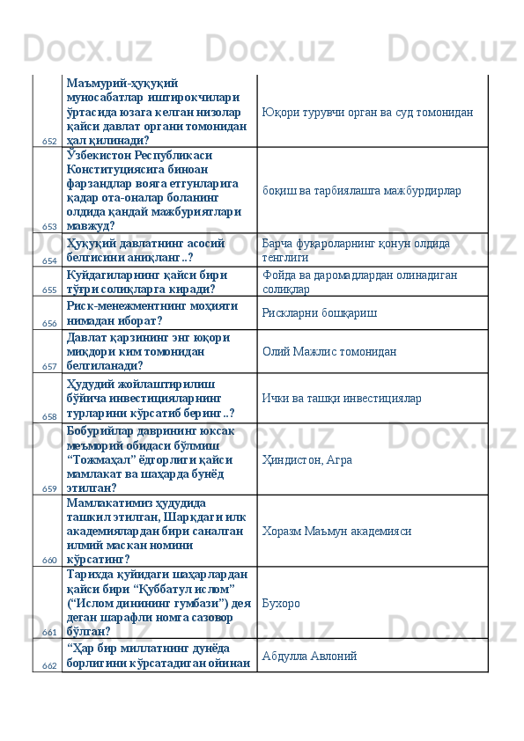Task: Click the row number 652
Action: click(x=49, y=141)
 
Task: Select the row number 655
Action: click(x=49, y=290)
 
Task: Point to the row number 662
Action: click(x=49, y=664)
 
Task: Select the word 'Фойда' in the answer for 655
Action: click(x=279, y=275)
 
